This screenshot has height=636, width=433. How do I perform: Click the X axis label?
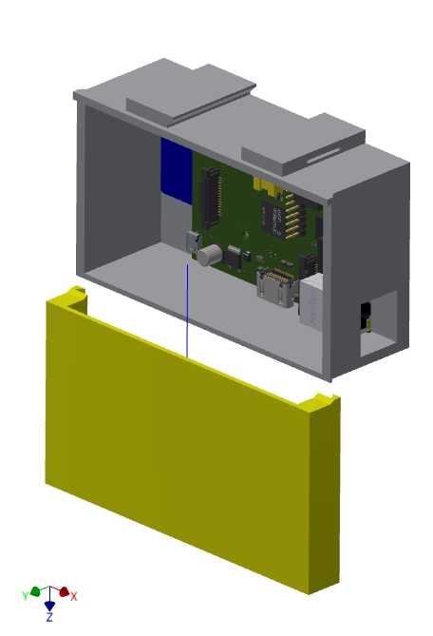[x=74, y=596]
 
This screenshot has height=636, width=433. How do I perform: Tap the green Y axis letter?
[x=25, y=595]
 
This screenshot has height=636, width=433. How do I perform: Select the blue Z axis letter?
[x=49, y=617]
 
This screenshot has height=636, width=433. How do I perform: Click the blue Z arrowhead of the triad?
[x=49, y=606]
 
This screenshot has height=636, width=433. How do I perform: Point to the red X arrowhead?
[x=64, y=591]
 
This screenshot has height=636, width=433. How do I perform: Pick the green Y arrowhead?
[x=36, y=591]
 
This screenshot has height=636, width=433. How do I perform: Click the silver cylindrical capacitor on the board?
[x=210, y=255]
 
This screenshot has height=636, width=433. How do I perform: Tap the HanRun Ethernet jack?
[x=311, y=299]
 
